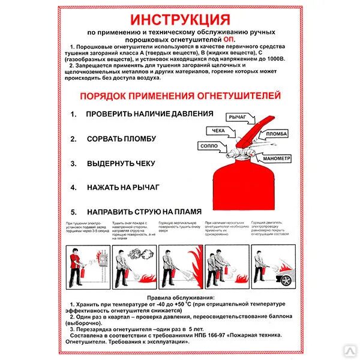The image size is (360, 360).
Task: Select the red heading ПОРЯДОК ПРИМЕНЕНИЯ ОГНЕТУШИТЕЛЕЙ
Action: click(180, 97)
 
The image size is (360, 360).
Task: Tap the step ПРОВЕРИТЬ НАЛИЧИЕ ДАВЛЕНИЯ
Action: click(149, 113)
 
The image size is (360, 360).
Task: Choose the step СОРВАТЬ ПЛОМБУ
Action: click(121, 139)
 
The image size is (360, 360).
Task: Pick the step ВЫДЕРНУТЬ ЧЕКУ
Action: click(121, 163)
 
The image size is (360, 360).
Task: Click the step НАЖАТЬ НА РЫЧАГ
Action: click(123, 187)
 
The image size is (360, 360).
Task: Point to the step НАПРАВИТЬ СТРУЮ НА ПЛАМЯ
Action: click(144, 212)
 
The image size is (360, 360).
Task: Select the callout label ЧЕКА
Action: click(217, 130)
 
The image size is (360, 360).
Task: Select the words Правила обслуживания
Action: click(180, 298)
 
